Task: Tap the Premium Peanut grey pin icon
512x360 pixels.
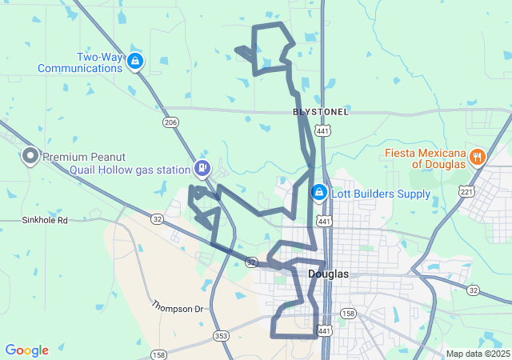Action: point(30,155)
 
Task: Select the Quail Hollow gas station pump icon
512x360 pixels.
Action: point(202,168)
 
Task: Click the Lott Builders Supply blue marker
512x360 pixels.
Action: point(318,192)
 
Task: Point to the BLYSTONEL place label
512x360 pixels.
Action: point(321,112)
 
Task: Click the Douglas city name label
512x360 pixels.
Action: point(328,274)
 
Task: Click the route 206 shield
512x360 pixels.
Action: point(170,122)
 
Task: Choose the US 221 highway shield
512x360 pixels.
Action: point(467,191)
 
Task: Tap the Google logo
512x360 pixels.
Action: point(26,350)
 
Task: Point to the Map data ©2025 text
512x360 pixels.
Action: point(477,354)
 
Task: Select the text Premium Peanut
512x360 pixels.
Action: point(83,157)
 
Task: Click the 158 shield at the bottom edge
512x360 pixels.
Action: point(159,354)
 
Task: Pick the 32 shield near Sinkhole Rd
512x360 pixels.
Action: point(158,218)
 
